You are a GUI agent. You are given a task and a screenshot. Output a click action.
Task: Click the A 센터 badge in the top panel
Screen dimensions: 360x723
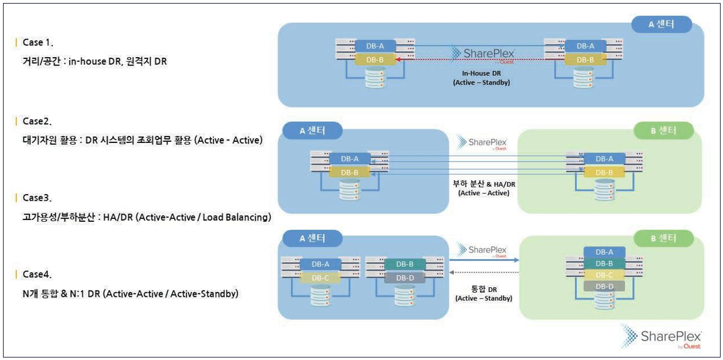[x=661, y=25]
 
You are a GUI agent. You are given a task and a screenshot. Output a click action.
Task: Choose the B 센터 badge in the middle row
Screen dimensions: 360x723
[x=664, y=130]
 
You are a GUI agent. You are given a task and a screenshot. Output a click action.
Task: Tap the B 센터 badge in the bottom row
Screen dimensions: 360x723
[x=664, y=238]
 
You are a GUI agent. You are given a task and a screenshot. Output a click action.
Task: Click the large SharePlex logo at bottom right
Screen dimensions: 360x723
[x=660, y=337]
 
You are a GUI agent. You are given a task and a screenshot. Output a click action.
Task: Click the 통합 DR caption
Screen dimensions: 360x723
[x=484, y=288]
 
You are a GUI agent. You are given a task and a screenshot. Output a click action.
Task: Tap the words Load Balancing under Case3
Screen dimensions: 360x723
[x=239, y=217]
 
